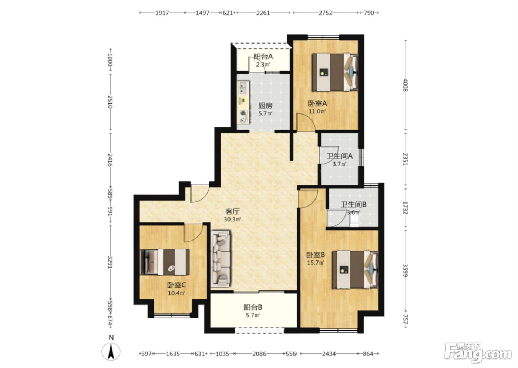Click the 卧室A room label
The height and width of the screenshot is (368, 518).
pyautogui.click(x=317, y=103)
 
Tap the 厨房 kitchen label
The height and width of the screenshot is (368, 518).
pyautogui.click(x=265, y=106)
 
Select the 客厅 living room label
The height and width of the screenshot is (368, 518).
pyautogui.click(x=232, y=211)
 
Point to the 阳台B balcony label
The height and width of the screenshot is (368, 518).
pyautogui.click(x=253, y=307)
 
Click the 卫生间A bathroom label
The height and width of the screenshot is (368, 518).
pyautogui.click(x=340, y=156)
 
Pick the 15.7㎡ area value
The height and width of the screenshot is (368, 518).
pyautogui.click(x=316, y=262)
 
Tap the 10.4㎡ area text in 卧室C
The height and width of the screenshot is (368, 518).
pyautogui.click(x=176, y=293)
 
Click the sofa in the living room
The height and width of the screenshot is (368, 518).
pyautogui.click(x=221, y=258)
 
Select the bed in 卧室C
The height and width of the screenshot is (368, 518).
pyautogui.click(x=165, y=262)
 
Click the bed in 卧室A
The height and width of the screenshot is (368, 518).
pyautogui.click(x=334, y=72)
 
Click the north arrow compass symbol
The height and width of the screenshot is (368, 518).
pyautogui.click(x=111, y=351)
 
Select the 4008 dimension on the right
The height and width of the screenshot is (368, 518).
pyautogui.click(x=406, y=85)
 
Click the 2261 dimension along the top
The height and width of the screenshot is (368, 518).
pyautogui.click(x=263, y=13)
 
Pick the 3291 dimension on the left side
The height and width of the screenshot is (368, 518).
pyautogui.click(x=110, y=262)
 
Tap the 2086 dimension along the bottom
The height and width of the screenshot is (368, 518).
pyautogui.click(x=259, y=354)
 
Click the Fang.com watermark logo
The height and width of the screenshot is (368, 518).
pyautogui.click(x=478, y=353)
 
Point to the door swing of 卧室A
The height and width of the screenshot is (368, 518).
pyautogui.click(x=306, y=122)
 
